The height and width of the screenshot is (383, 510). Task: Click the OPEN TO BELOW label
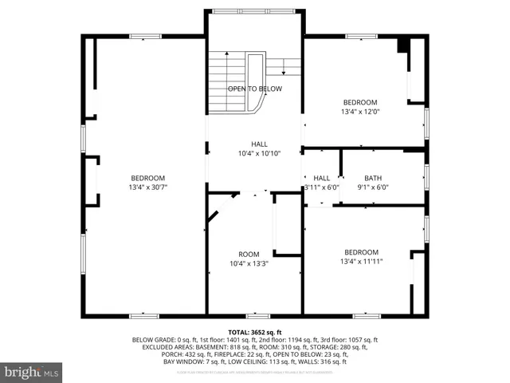[x=255, y=89]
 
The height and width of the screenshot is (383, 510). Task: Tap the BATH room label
[x=373, y=178]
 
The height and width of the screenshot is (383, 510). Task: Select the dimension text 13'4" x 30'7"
[x=148, y=187]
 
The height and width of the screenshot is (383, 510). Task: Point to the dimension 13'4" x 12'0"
[x=360, y=112]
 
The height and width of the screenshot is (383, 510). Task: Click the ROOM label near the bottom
[x=249, y=255]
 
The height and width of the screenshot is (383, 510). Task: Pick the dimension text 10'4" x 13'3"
[x=249, y=263]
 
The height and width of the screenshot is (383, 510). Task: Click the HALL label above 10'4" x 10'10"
[x=260, y=144]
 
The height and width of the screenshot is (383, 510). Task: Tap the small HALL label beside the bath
[x=321, y=178]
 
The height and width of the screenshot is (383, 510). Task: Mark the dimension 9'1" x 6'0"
[x=373, y=188]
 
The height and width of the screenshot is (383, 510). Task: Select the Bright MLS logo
[x=32, y=372]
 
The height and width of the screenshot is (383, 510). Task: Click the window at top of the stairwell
[x=255, y=10]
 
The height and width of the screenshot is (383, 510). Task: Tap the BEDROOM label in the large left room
[x=148, y=178]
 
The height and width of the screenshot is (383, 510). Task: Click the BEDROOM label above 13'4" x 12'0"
[x=360, y=102]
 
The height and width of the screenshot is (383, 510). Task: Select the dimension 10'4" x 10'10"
[x=260, y=153]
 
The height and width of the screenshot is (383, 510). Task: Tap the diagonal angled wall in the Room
[x=218, y=211]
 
